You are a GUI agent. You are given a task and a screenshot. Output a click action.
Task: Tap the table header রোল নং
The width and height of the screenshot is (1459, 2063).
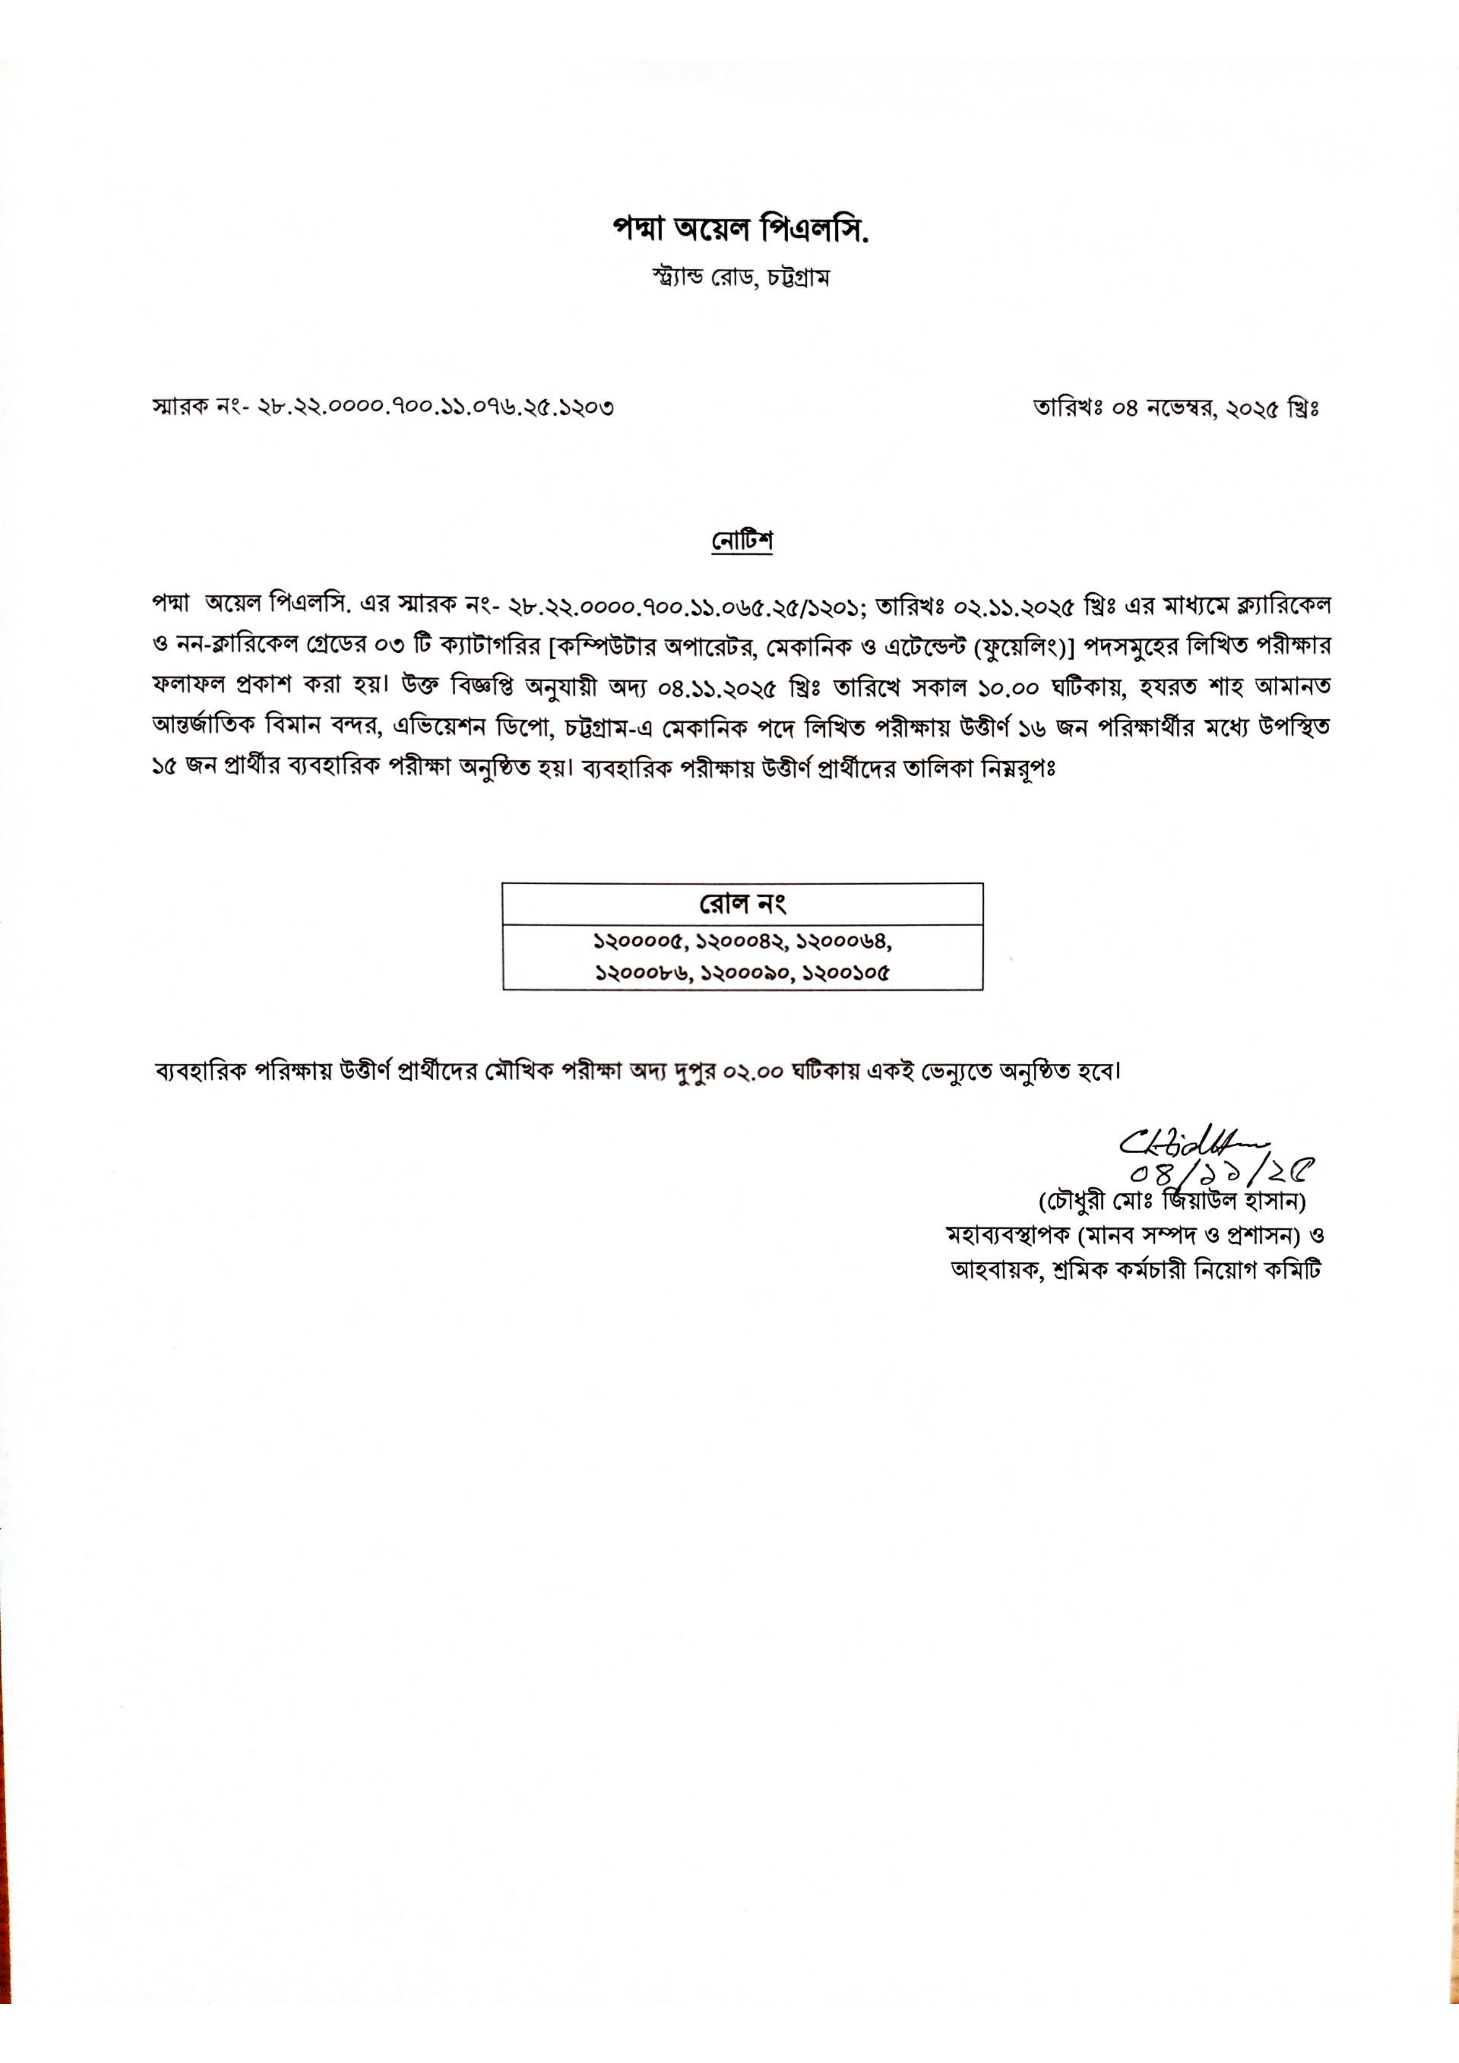tap(743, 903)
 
